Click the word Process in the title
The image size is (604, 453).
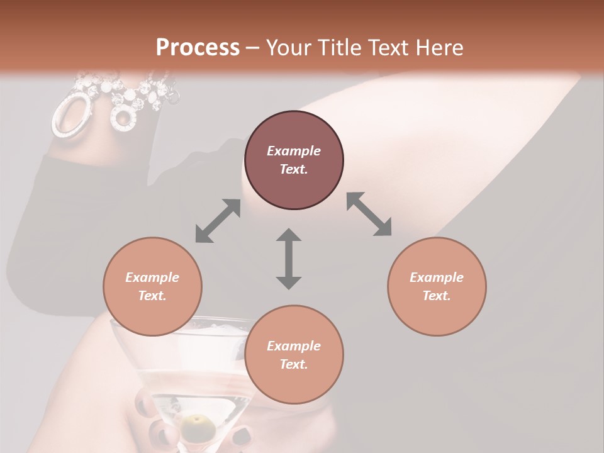coord(198,48)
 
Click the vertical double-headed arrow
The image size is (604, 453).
coord(289,259)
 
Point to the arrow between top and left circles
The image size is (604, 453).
coord(218,221)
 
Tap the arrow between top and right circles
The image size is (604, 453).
coord(369,214)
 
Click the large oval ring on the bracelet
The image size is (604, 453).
coord(70,115)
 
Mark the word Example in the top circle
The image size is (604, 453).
coord(294,151)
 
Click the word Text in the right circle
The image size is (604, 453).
coord(437,296)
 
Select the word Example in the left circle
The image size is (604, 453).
coord(152,277)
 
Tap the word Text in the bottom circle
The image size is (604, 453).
coord(294,364)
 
